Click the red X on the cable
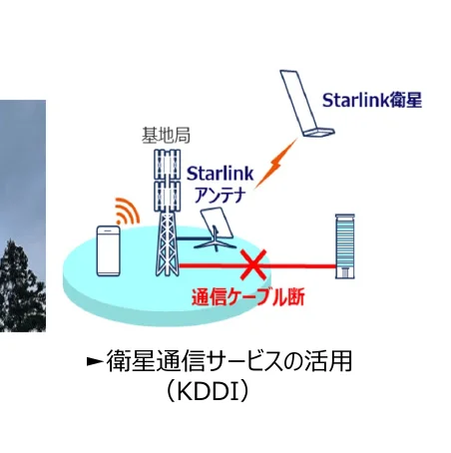tap(256, 265)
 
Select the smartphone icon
tap(109, 252)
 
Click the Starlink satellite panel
tap(303, 102)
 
